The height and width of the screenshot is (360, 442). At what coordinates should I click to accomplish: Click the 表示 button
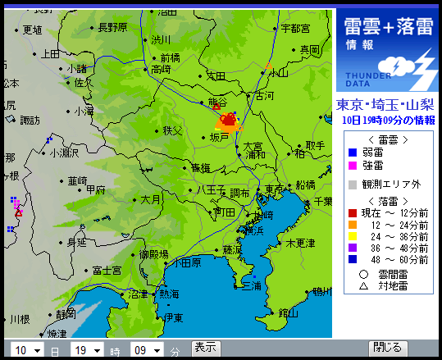click(205, 348)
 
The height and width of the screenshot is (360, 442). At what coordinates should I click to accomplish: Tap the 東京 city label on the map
click(275, 189)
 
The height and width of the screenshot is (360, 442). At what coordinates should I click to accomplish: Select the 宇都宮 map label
click(294, 28)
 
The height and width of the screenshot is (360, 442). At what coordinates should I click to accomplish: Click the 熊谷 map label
click(218, 102)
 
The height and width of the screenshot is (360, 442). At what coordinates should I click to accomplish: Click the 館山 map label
click(288, 312)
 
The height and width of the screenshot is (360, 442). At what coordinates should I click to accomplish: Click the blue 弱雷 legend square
click(351, 152)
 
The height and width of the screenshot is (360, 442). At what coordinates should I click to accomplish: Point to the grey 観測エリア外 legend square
click(351, 185)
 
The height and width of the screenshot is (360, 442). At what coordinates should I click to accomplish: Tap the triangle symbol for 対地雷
click(362, 286)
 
